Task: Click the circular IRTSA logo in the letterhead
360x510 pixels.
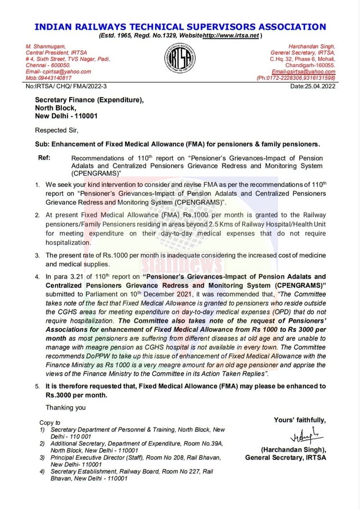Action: point(180,61)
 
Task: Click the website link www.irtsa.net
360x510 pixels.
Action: point(231,36)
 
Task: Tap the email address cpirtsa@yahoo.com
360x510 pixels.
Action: point(66,72)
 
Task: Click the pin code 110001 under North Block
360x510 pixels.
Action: point(84,116)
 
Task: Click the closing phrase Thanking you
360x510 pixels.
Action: point(65,408)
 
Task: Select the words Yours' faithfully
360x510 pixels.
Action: point(300,420)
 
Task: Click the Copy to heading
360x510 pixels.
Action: point(49,423)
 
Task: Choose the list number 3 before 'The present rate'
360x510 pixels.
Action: point(37,255)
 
